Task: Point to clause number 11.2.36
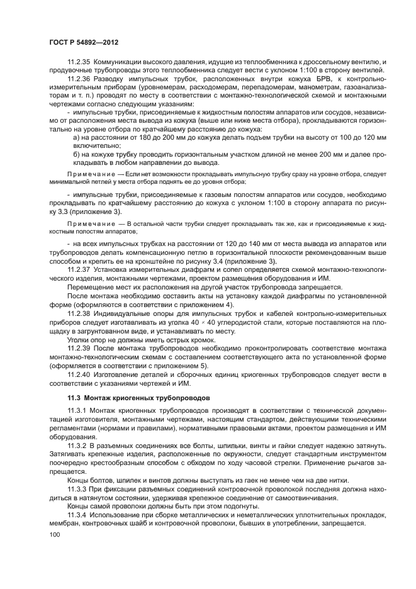point(79,79)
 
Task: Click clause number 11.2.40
point(79,373)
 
